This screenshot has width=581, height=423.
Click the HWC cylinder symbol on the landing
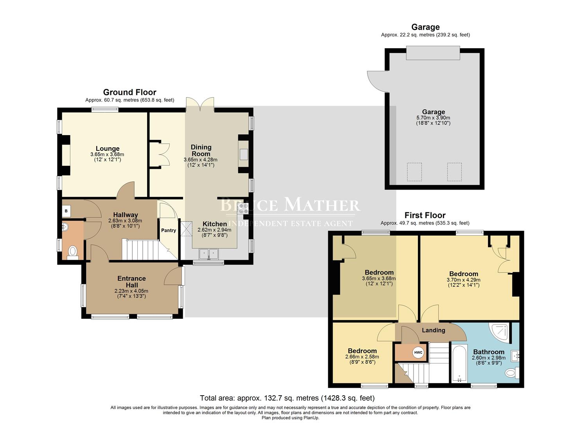coord(418,352)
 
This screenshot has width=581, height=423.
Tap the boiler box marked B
coord(66,211)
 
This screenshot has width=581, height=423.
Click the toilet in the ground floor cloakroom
coord(72,252)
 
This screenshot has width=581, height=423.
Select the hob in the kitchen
coord(243,208)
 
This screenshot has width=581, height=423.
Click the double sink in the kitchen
coord(209,254)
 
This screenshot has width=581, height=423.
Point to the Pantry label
coord(169,230)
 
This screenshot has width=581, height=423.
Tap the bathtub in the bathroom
coord(459,363)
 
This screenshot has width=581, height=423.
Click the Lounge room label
coord(108,149)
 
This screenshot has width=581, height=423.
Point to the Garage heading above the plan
coord(425,27)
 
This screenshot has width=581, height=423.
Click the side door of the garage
coord(376,80)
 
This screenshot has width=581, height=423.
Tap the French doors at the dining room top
coord(200,105)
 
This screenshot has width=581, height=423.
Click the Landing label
coord(433,330)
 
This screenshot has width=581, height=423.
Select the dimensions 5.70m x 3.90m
coord(433,117)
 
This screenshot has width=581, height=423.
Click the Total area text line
coord(287,398)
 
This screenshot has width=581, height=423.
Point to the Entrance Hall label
coord(131,281)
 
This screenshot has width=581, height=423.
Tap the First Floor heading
coord(425,215)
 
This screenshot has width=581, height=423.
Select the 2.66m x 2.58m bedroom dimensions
coord(362,357)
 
